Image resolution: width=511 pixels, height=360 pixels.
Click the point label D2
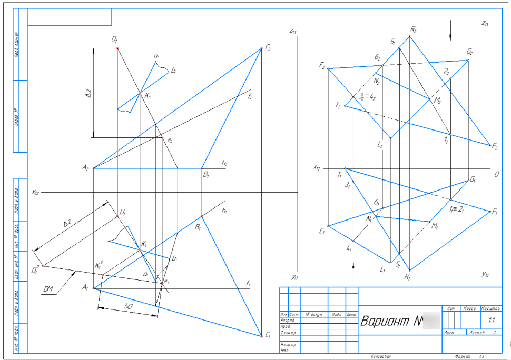point(114,39)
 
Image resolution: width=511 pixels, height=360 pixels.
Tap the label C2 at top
point(268,47)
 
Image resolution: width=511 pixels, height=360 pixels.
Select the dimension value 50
point(127,306)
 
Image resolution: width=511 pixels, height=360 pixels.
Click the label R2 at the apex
point(414,30)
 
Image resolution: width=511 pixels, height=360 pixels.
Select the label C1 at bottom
point(268,335)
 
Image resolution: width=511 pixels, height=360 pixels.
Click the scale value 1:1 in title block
point(491,320)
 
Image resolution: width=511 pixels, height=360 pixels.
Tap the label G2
point(470,52)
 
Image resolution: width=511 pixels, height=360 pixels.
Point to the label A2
point(85,168)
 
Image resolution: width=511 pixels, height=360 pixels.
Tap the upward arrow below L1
point(353,264)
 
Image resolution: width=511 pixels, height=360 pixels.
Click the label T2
point(338,105)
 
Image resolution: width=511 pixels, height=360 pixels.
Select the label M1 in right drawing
point(435,226)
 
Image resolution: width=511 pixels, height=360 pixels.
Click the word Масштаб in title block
point(490,308)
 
